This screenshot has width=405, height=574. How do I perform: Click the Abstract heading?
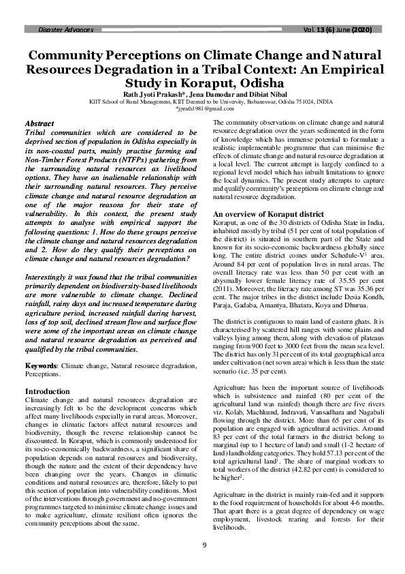click(39, 122)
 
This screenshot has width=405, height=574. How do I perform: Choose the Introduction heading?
click(47, 391)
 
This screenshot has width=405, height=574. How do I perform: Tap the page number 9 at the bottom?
click(203, 543)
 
